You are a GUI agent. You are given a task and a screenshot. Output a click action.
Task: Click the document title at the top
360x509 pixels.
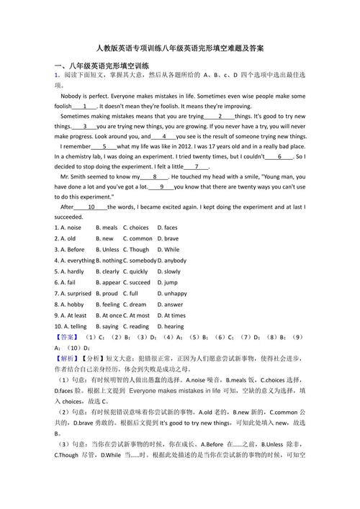[180, 48]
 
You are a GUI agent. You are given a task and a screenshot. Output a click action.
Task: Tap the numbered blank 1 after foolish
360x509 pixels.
[85, 106]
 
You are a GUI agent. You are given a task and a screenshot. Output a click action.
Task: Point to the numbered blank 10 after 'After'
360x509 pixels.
[91, 207]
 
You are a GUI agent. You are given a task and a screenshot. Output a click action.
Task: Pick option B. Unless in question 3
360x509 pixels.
[108, 249]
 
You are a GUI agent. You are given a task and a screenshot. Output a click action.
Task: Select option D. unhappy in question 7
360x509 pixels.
[175, 294]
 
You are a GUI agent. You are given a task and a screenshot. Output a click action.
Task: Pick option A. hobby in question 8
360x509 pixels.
[70, 305]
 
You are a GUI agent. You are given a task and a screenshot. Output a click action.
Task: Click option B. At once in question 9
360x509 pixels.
[109, 315]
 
